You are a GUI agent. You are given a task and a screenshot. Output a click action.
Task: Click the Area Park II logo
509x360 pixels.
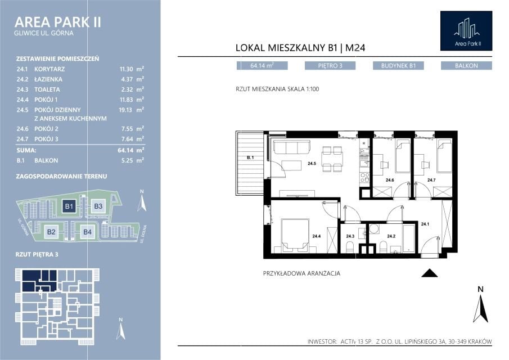466,31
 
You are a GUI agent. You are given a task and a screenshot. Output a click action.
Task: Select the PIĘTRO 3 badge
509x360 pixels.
330,66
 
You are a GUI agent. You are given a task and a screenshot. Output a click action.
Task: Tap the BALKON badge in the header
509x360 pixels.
466,66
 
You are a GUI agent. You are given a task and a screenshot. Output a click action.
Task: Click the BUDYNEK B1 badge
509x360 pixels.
398,66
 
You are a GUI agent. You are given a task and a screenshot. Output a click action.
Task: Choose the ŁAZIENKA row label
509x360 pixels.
48,79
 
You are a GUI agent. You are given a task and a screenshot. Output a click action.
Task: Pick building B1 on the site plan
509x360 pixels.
69,206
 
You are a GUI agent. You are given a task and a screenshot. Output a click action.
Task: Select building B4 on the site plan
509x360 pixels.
87,232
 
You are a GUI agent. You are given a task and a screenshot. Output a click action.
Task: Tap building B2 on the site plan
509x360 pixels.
51,232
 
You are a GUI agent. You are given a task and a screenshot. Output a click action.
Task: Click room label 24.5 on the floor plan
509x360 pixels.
312,164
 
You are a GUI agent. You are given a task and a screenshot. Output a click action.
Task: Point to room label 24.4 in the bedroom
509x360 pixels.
316,236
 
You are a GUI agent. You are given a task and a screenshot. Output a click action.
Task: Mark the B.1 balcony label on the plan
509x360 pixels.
250,157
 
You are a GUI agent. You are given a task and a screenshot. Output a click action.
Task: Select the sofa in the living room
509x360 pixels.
291,147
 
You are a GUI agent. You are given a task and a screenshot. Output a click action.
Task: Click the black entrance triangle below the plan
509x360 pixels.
430,273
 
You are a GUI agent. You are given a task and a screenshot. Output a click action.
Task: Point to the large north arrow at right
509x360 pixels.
480,304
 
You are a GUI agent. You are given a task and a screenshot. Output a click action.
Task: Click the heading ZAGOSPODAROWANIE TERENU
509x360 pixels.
61,176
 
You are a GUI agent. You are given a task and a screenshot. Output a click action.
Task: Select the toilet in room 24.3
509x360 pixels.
350,248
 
